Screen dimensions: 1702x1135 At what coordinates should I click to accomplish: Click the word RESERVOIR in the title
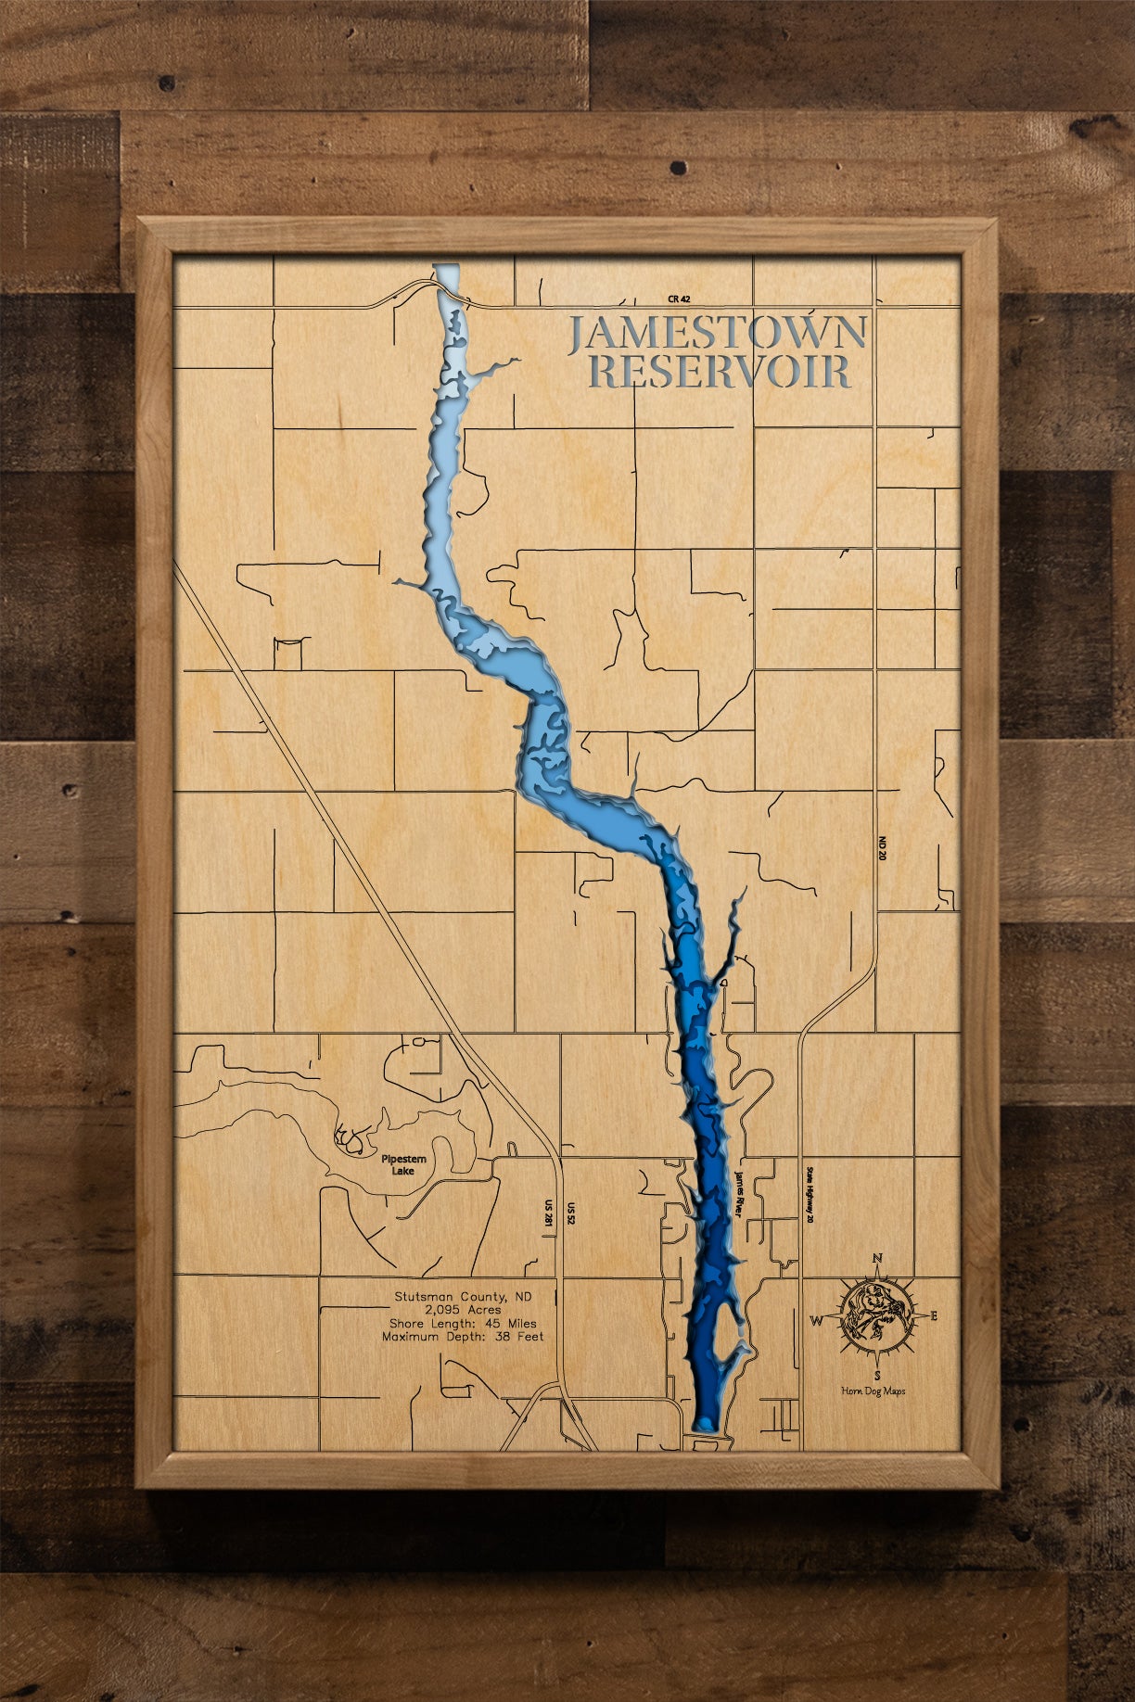(x=720, y=371)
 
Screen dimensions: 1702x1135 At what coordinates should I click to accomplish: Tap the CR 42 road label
(x=679, y=299)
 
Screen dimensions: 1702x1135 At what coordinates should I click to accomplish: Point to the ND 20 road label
(x=882, y=848)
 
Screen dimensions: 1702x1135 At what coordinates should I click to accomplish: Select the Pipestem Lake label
(x=403, y=1165)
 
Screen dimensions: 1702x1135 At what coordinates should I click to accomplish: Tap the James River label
(x=739, y=1192)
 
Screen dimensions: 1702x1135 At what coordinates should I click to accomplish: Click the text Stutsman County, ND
(x=463, y=1297)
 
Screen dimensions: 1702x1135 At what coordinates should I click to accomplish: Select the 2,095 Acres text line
(x=463, y=1310)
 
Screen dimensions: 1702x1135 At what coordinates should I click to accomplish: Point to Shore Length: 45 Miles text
(x=463, y=1324)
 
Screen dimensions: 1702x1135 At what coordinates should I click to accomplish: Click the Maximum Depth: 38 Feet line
(x=463, y=1337)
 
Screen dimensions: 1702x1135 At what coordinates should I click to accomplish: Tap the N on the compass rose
(x=876, y=1259)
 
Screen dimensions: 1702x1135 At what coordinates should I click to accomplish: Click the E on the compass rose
(x=934, y=1315)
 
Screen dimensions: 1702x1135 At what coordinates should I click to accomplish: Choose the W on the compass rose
(x=817, y=1320)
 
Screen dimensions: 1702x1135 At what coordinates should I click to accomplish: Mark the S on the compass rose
(x=876, y=1376)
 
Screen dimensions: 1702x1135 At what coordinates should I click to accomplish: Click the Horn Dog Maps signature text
(x=873, y=1391)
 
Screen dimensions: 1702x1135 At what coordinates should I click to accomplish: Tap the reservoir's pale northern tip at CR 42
(x=446, y=276)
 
